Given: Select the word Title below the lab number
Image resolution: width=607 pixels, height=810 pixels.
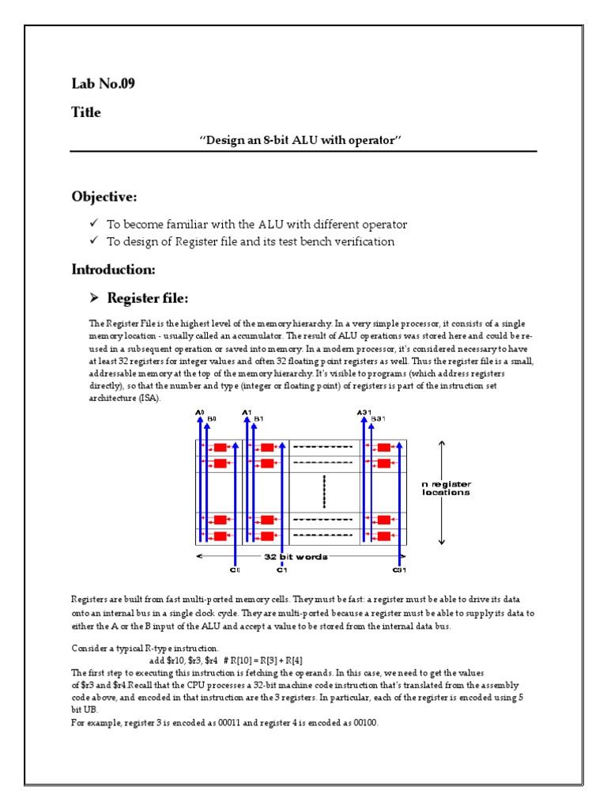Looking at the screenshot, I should (x=86, y=112).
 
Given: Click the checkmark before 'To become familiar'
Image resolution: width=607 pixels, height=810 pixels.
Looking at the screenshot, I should (x=93, y=224).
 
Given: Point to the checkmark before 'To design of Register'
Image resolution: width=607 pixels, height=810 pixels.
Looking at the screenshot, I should (x=93, y=241).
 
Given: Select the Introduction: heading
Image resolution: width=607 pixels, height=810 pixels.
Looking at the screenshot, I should (x=113, y=270).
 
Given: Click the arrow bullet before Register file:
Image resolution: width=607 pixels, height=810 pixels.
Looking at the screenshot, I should (x=92, y=298).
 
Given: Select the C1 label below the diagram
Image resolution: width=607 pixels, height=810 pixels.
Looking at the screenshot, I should (x=281, y=569).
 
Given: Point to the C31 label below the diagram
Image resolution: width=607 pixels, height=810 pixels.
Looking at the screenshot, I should (x=399, y=569).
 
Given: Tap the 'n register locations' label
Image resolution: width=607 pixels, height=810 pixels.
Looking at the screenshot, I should (x=447, y=488).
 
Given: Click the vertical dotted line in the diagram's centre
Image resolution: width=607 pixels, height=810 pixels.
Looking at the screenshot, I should (x=324, y=492).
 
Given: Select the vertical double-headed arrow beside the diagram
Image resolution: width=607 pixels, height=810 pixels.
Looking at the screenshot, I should (x=442, y=492).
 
